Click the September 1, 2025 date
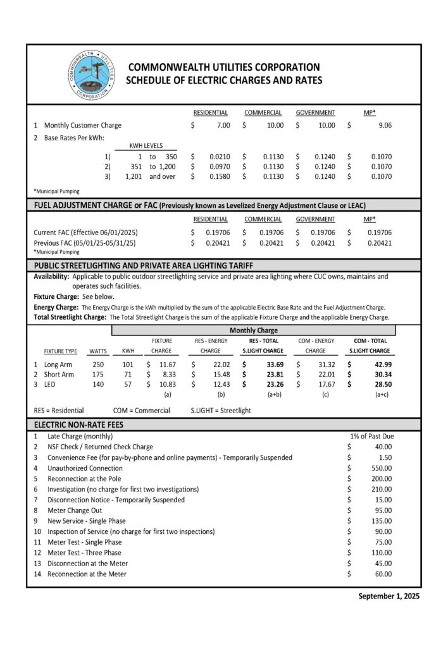[389, 596]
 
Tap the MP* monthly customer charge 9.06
[384, 125]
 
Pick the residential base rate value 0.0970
[220, 166]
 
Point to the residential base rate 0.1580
[220, 176]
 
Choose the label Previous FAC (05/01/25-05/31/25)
[85, 242]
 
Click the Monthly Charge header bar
[253, 330]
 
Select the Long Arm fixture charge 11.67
[166, 365]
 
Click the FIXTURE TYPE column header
[60, 351]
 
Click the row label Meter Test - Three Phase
[84, 553]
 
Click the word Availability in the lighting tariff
[51, 277]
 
